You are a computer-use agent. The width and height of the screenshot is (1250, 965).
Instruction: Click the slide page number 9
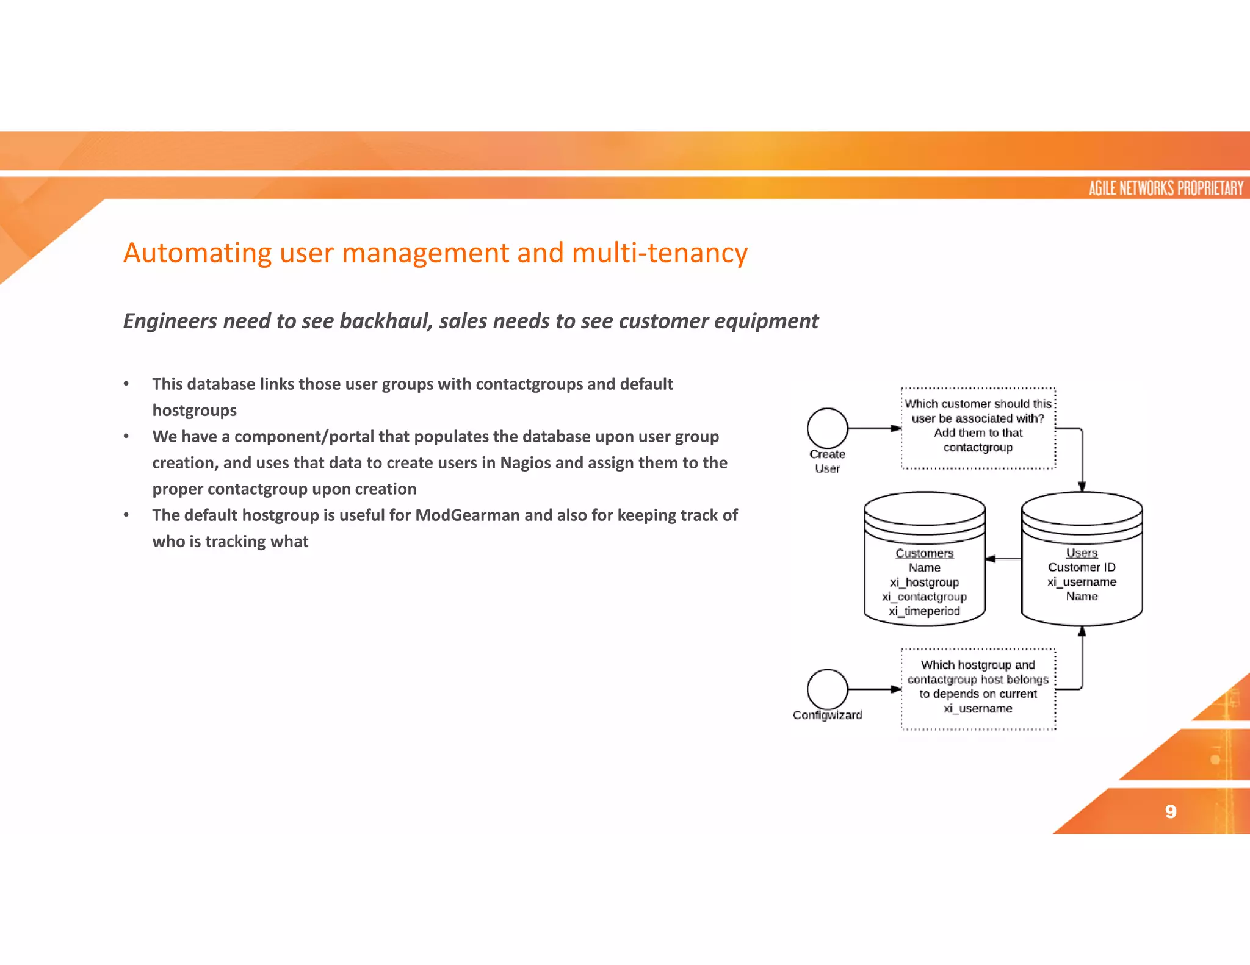1170,811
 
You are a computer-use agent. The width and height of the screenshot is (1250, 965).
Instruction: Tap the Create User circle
827,428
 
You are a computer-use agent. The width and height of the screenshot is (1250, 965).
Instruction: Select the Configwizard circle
827,689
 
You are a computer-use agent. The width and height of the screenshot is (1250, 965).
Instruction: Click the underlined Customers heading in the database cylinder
924,553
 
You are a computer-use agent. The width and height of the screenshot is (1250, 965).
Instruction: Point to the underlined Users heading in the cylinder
1082,553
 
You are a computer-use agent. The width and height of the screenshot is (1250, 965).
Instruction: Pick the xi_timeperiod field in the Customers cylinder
924,611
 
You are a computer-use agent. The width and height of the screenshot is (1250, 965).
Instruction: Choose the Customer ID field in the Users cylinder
1082,567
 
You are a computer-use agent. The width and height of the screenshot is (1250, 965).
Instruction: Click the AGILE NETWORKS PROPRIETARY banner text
1166,188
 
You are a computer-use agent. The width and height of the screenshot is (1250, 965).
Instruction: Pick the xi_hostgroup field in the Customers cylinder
924,583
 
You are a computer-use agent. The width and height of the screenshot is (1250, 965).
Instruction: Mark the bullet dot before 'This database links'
126,384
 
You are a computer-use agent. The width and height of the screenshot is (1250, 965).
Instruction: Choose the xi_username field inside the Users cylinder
1082,582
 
